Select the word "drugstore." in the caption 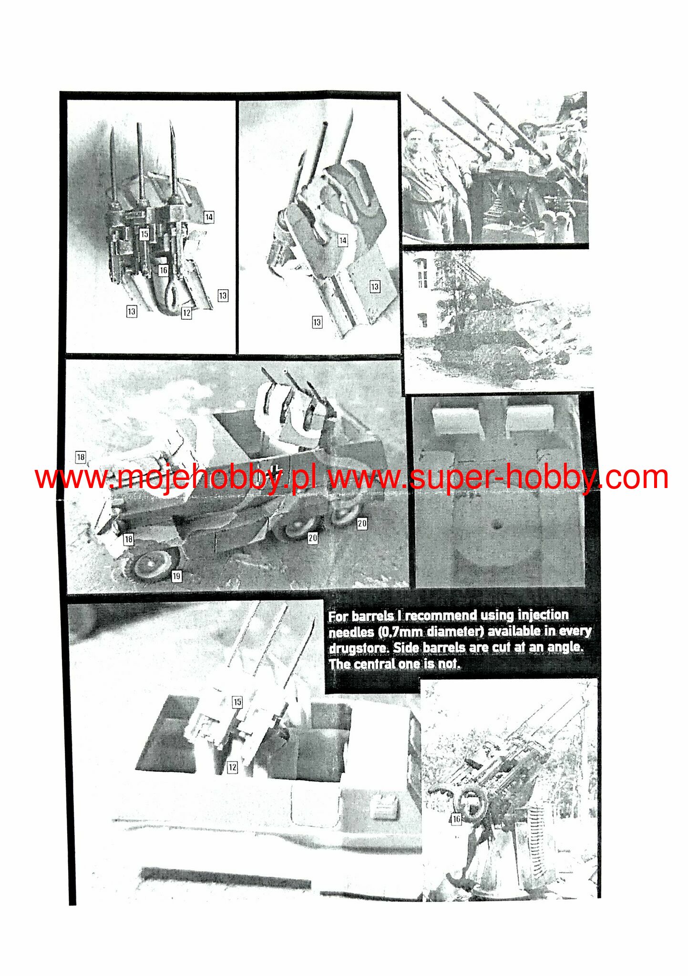pos(359,648)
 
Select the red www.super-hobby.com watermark pos(499,478)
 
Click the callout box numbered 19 pos(176,576)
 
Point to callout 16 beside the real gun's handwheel pos(456,819)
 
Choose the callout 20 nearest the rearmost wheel pos(362,523)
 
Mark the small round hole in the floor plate pos(497,525)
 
